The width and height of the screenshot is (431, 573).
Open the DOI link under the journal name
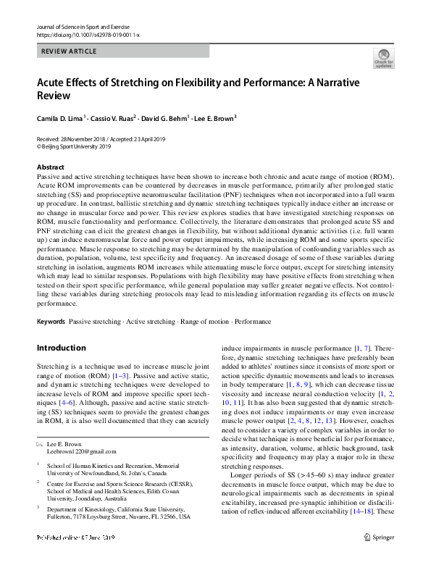pos(88,34)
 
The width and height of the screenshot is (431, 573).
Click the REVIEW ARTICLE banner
pos(122,51)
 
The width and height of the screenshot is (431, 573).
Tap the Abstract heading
pos(50,167)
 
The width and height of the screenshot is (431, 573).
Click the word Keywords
pos(52,320)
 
